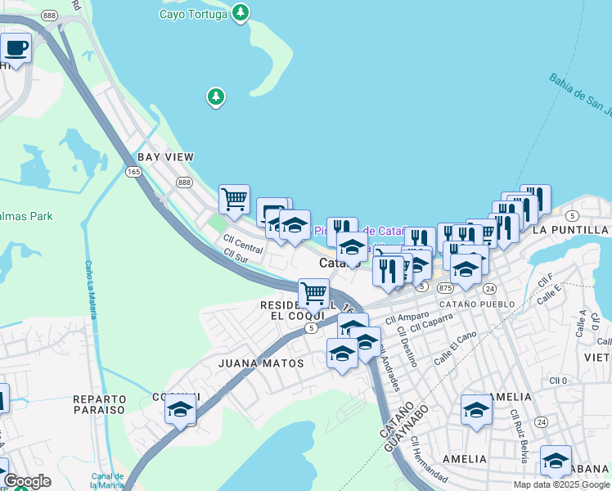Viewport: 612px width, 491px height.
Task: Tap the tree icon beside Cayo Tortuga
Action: [x=240, y=12]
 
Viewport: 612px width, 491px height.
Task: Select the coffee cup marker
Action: [x=16, y=48]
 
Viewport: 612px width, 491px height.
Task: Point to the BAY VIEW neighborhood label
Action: [x=165, y=156]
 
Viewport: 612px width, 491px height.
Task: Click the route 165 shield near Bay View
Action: [x=133, y=171]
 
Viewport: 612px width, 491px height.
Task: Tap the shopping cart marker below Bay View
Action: [x=234, y=199]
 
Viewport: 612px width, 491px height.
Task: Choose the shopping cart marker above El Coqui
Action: [x=313, y=292]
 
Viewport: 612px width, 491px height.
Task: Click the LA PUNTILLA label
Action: [x=569, y=230]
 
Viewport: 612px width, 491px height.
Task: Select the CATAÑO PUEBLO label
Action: [x=477, y=304]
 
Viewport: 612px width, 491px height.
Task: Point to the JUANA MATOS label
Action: [x=261, y=363]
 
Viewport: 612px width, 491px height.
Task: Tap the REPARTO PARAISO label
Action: [x=99, y=403]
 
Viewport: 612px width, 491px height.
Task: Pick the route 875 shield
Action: [x=445, y=288]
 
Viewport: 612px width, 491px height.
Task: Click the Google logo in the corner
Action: [x=27, y=481]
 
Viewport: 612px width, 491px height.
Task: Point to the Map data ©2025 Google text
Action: [x=561, y=484]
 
